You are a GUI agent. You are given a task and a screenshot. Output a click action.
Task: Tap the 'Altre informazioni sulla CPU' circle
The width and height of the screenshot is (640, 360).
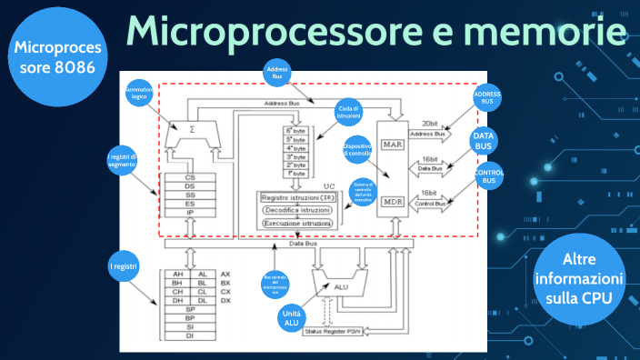point(578,276)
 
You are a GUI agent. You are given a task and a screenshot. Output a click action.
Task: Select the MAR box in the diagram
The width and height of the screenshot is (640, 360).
point(393,144)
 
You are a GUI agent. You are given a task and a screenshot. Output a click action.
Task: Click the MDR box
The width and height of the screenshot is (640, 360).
point(393,201)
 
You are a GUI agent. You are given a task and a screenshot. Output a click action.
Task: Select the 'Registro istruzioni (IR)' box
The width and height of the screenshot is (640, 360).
point(296,197)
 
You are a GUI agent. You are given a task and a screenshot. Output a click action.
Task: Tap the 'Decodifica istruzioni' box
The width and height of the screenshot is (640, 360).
point(296,210)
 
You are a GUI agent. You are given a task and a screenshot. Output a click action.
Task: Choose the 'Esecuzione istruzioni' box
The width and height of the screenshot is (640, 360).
point(296,223)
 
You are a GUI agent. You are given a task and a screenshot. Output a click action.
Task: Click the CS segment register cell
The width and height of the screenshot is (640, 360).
point(189,177)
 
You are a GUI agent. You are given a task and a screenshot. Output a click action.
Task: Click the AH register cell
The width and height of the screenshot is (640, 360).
point(178,274)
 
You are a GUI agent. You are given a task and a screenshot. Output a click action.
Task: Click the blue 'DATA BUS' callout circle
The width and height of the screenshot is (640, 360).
point(483,141)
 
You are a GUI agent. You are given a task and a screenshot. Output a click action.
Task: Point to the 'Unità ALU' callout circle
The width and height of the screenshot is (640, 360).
point(290,317)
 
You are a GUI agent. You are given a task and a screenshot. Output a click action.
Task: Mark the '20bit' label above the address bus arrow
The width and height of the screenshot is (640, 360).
point(433,124)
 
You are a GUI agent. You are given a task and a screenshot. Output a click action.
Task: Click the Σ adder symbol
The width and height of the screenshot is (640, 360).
point(191,130)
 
